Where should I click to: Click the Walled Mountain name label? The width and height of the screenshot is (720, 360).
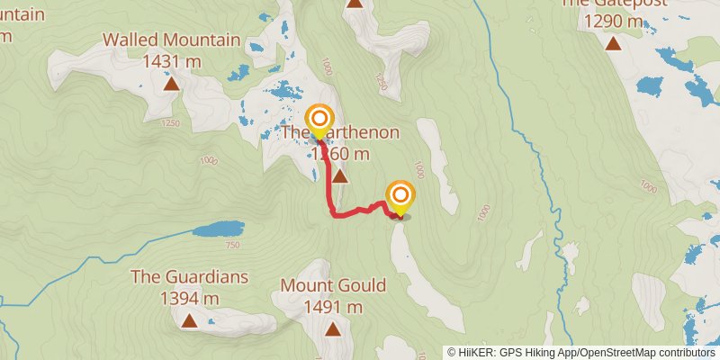171,40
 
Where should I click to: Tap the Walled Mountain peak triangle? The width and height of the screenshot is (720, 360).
171,85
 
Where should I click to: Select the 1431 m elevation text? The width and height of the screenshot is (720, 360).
171,61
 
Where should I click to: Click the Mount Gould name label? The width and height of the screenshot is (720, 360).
333,286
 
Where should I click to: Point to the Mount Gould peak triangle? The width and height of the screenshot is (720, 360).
333,329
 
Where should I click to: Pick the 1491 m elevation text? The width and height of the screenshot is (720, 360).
333,307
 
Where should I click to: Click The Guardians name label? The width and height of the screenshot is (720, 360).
189,276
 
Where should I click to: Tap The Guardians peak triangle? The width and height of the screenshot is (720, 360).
189,319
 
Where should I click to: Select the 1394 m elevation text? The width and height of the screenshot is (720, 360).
189,298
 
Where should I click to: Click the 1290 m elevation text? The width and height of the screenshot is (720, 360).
614,20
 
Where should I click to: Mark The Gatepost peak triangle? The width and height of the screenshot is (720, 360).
614,43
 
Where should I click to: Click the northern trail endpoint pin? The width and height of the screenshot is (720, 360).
319,121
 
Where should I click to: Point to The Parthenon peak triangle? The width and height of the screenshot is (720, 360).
340,175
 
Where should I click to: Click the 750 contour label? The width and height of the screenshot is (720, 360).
232,246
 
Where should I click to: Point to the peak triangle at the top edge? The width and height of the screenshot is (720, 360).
355,3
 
